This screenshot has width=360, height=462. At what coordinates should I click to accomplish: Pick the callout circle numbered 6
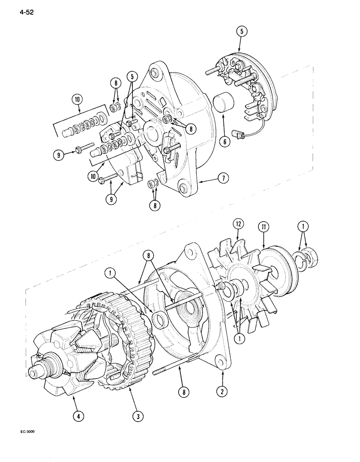tap(224, 142)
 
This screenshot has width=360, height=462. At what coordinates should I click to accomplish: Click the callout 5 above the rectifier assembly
tap(242, 31)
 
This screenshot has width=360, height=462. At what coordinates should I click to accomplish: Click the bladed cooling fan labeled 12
tap(240, 282)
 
